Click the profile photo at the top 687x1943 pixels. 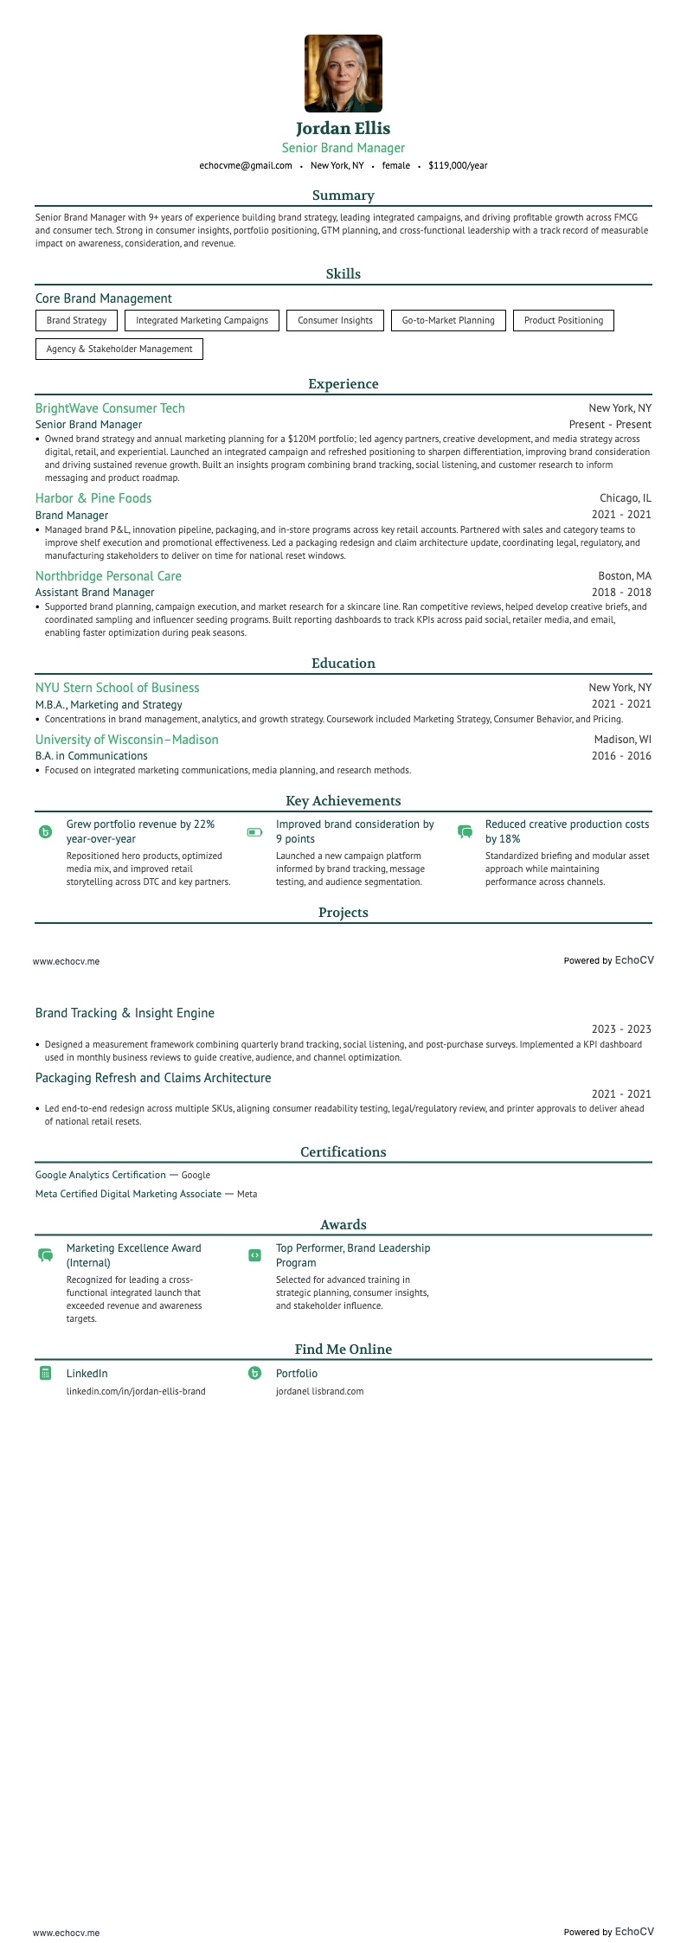click(x=343, y=74)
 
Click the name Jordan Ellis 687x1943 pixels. click(x=343, y=128)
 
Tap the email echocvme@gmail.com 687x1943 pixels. click(x=246, y=165)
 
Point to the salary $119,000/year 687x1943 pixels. click(x=458, y=165)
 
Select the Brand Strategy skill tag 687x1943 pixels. click(x=76, y=320)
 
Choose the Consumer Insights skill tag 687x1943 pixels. click(x=335, y=320)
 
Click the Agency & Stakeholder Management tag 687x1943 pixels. click(x=119, y=349)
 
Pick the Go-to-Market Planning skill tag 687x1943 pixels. click(x=448, y=320)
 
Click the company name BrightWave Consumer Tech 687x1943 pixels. click(x=110, y=408)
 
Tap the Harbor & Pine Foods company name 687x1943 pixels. click(x=93, y=498)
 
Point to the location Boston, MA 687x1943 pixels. click(x=625, y=576)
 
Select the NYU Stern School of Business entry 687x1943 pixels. click(x=117, y=688)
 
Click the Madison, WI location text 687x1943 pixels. click(x=623, y=740)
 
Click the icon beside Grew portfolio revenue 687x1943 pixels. click(x=46, y=832)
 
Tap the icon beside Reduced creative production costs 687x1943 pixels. click(x=465, y=832)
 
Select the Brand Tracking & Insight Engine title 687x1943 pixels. click(x=125, y=1013)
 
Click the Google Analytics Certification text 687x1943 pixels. click(x=100, y=1175)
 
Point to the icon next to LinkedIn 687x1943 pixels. click(x=46, y=1373)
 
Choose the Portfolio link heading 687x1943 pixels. click(x=297, y=1374)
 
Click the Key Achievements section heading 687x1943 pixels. click(x=343, y=801)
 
